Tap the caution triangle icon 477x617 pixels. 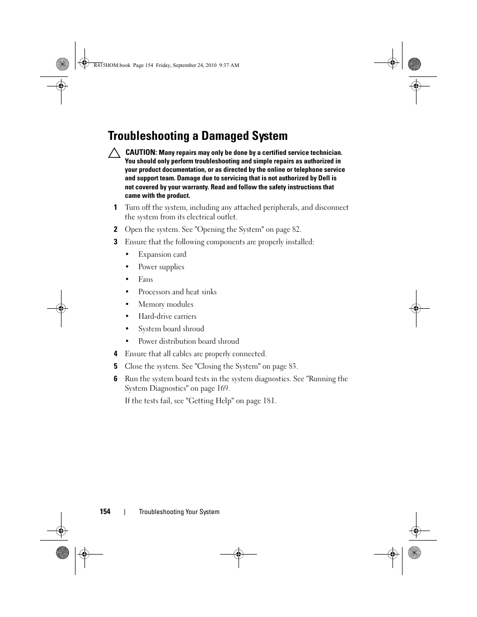[x=114, y=153]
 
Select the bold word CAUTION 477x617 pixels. [x=141, y=152]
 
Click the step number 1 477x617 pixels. [x=115, y=208]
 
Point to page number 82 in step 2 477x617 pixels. [x=296, y=230]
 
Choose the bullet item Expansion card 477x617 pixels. [x=162, y=254]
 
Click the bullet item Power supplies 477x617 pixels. [x=161, y=267]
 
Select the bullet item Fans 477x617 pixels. [x=145, y=279]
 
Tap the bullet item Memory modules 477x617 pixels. [x=165, y=304]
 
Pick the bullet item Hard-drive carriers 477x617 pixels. [x=167, y=316]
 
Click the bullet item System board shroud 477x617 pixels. [x=171, y=329]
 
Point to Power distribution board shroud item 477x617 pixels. [x=188, y=341]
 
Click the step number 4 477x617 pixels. [x=115, y=354]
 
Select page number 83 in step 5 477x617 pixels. [x=292, y=366]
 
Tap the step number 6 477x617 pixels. [x=115, y=379]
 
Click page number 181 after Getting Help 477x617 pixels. [x=268, y=401]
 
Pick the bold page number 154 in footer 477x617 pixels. [x=105, y=512]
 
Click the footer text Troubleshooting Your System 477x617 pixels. [x=179, y=512]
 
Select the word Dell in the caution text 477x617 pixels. [x=327, y=178]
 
